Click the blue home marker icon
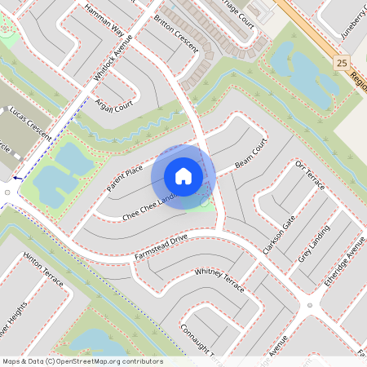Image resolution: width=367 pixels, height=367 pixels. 183,176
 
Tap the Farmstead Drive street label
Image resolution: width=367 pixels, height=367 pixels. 161,247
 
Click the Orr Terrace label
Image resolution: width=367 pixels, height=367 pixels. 310,175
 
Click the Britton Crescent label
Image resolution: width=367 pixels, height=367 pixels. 175,33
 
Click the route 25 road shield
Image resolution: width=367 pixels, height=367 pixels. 341,62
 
